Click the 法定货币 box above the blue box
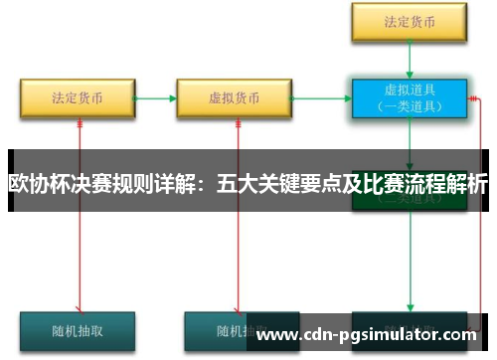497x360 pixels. pos(410,19)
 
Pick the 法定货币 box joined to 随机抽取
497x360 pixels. pos(77,98)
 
